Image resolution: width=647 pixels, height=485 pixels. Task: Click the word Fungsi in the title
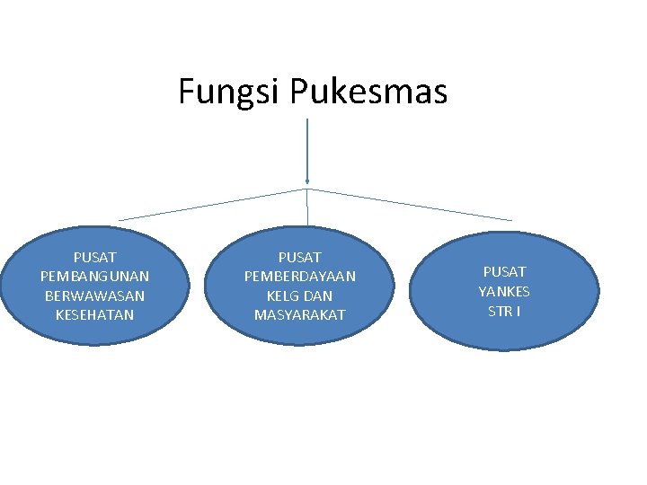230,92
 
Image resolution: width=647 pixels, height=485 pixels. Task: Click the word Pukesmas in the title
369,92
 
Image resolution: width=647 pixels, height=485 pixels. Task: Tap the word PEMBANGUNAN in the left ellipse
94,276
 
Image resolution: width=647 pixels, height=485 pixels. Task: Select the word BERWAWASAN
94,295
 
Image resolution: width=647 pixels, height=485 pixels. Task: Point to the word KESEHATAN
94,314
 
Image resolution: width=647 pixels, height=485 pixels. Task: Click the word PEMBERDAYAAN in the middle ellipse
300,276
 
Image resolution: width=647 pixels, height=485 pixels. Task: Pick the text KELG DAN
300,295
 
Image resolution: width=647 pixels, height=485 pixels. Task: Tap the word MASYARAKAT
300,314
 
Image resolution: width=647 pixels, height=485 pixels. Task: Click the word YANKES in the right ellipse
504,291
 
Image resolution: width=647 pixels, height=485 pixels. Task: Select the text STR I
504,311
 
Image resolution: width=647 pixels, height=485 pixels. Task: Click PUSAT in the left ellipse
94,257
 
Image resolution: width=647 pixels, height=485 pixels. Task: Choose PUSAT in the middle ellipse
300,257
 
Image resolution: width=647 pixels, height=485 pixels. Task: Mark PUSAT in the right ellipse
504,271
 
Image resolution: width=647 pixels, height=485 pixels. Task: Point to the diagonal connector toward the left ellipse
212,205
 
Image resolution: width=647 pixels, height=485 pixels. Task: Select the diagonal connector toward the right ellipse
410,205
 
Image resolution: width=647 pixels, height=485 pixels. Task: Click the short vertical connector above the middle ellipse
308,207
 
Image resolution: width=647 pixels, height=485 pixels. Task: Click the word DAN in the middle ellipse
317,295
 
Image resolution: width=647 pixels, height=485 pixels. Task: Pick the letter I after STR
518,311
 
